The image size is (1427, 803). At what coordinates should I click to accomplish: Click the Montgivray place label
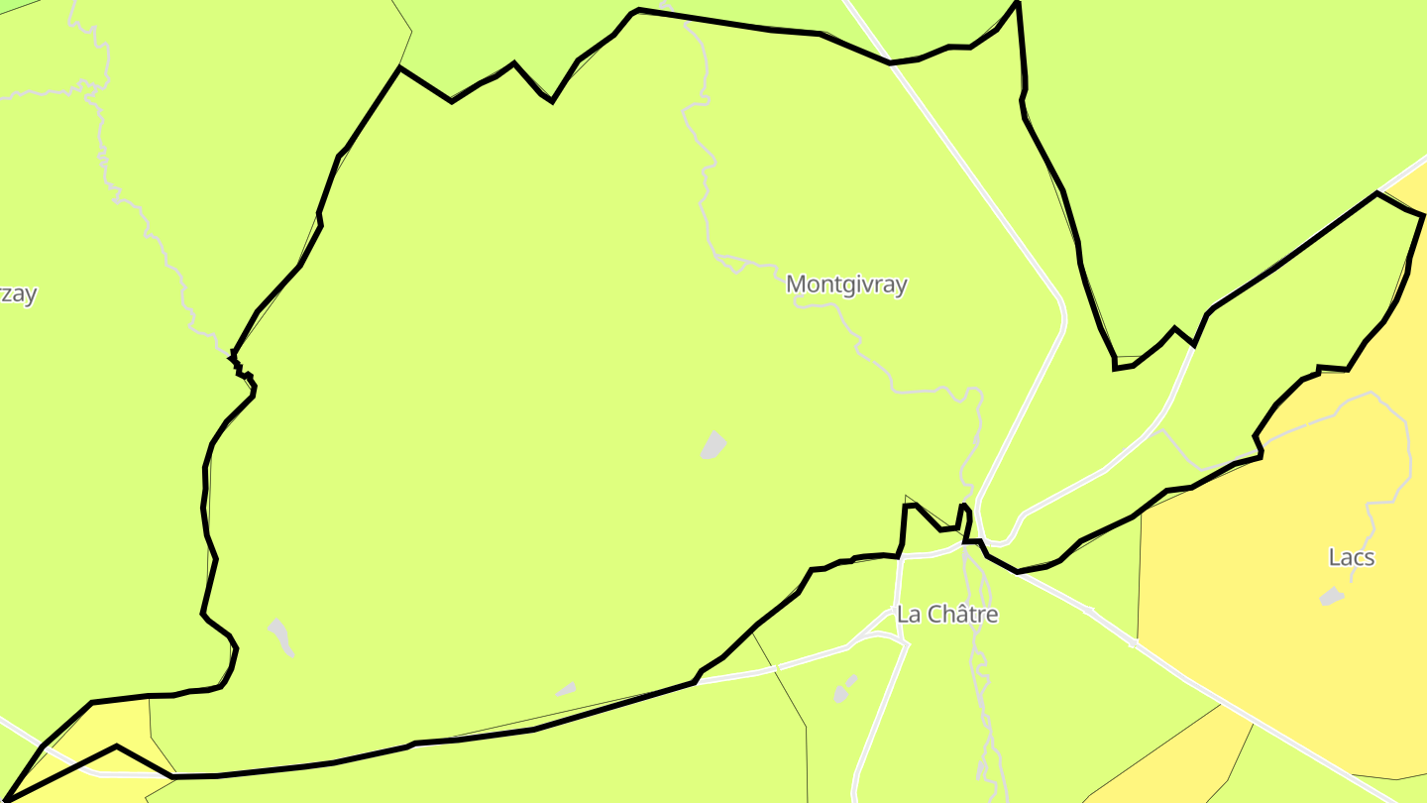tap(846, 285)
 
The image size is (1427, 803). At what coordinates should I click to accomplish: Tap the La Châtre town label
tap(946, 615)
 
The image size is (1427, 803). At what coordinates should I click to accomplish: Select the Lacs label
tap(1351, 557)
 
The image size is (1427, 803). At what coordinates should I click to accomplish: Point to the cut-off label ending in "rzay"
tap(18, 294)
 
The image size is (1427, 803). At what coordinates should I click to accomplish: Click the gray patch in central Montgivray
tap(713, 445)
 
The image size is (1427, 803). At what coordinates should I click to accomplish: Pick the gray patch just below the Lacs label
tap(1333, 596)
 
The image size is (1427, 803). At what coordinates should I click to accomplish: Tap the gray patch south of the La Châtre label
tap(845, 689)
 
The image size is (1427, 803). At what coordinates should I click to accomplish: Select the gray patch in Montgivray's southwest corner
tap(280, 635)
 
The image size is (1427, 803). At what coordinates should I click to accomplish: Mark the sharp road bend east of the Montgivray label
tap(1062, 317)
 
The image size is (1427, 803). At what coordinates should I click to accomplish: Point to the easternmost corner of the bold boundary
tap(1423, 215)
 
